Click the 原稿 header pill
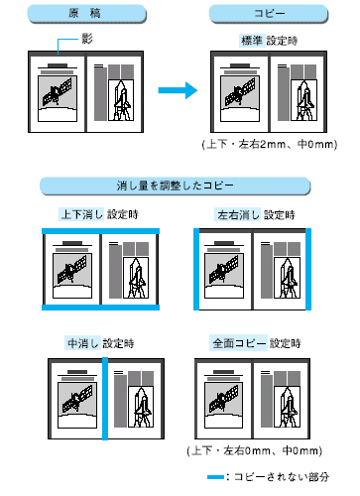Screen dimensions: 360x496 tap(86, 14)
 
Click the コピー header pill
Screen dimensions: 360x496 tap(269, 14)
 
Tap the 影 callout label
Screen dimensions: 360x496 tap(87, 39)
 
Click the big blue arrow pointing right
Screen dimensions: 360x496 tap(178, 90)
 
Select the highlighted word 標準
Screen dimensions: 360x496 tap(252, 41)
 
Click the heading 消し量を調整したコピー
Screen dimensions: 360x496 tap(176, 186)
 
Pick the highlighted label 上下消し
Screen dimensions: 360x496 tap(81, 214)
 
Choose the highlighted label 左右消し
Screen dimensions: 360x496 tap(238, 215)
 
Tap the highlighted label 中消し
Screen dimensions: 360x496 tap(82, 343)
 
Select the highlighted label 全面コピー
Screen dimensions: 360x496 tap(238, 343)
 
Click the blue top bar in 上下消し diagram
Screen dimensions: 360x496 tap(100, 231)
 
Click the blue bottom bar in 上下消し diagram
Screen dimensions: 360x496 tap(100, 308)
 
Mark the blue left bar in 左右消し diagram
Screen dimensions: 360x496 tap(196, 269)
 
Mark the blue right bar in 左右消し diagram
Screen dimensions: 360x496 tap(308, 269)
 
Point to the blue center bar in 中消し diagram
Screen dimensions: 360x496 tap(105, 399)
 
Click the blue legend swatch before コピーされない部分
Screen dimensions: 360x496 tap(216, 477)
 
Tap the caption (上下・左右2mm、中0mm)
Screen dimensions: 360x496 tap(270, 144)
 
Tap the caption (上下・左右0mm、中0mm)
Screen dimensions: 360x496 tap(255, 450)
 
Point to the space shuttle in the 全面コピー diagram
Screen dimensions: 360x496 tap(288, 410)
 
